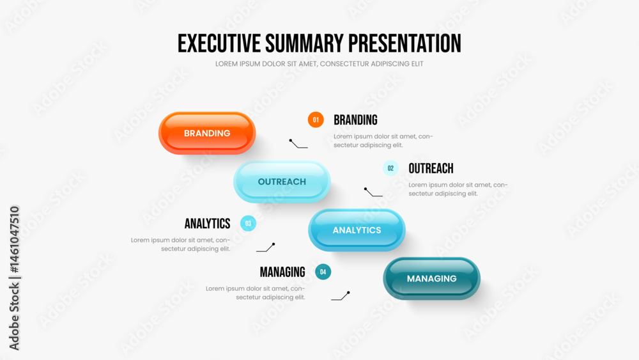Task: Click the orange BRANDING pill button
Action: point(207,133)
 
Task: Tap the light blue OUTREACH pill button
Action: point(282,182)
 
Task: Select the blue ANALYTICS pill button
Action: point(357,230)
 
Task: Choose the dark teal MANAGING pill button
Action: point(431,278)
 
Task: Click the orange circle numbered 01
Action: point(316,120)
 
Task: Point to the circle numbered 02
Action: point(390,168)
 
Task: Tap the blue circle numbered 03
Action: point(248,223)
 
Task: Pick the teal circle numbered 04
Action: point(323,272)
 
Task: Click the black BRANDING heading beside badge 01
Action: point(355,120)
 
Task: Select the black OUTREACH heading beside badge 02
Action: point(431,168)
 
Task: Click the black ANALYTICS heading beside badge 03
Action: point(208,223)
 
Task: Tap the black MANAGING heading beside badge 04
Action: point(282,272)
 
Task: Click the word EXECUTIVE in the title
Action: point(219,43)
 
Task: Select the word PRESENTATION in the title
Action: point(404,43)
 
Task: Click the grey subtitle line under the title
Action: point(319,63)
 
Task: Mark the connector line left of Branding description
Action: point(297,145)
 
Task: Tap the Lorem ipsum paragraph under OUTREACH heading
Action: point(458,189)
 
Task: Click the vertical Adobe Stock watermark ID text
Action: point(14,278)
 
